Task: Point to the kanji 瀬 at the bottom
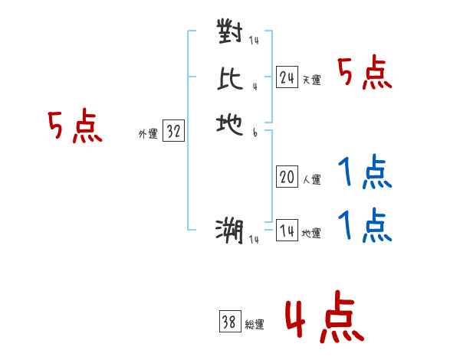(x=230, y=231)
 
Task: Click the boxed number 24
(x=287, y=77)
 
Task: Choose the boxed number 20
(x=287, y=178)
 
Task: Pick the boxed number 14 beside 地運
(x=287, y=231)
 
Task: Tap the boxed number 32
(x=173, y=132)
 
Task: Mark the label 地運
(x=311, y=234)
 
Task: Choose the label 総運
(x=255, y=325)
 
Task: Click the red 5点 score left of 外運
(x=75, y=126)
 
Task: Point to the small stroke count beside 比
(x=254, y=85)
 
